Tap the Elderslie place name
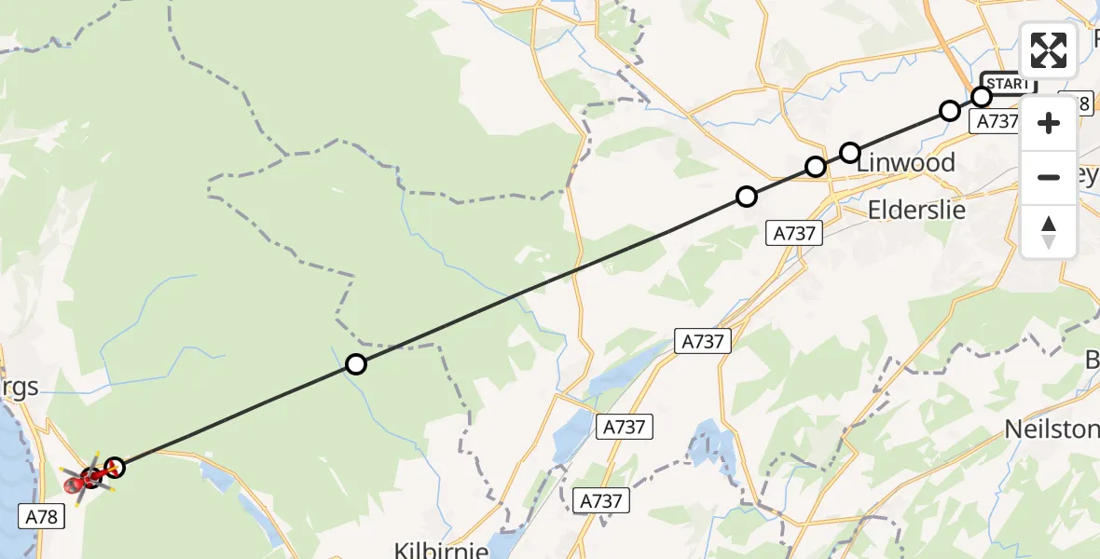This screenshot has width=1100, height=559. pyautogui.click(x=916, y=210)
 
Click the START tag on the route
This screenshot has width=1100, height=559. pyautogui.click(x=1009, y=84)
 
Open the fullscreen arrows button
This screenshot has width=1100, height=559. pyautogui.click(x=1049, y=50)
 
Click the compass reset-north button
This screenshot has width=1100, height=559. pyautogui.click(x=1049, y=232)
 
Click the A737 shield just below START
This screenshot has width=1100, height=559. pyautogui.click(x=995, y=121)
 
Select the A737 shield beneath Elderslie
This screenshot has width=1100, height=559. pyautogui.click(x=796, y=234)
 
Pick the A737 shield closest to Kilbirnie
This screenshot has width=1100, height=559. pyautogui.click(x=600, y=501)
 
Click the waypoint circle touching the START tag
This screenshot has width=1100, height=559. pyautogui.click(x=981, y=97)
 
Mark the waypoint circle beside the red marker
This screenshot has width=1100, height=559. pyautogui.click(x=115, y=467)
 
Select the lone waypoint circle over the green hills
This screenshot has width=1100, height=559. pyautogui.click(x=355, y=364)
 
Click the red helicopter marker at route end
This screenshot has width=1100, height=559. pyautogui.click(x=88, y=480)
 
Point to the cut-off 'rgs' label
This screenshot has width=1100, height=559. pyautogui.click(x=19, y=388)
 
